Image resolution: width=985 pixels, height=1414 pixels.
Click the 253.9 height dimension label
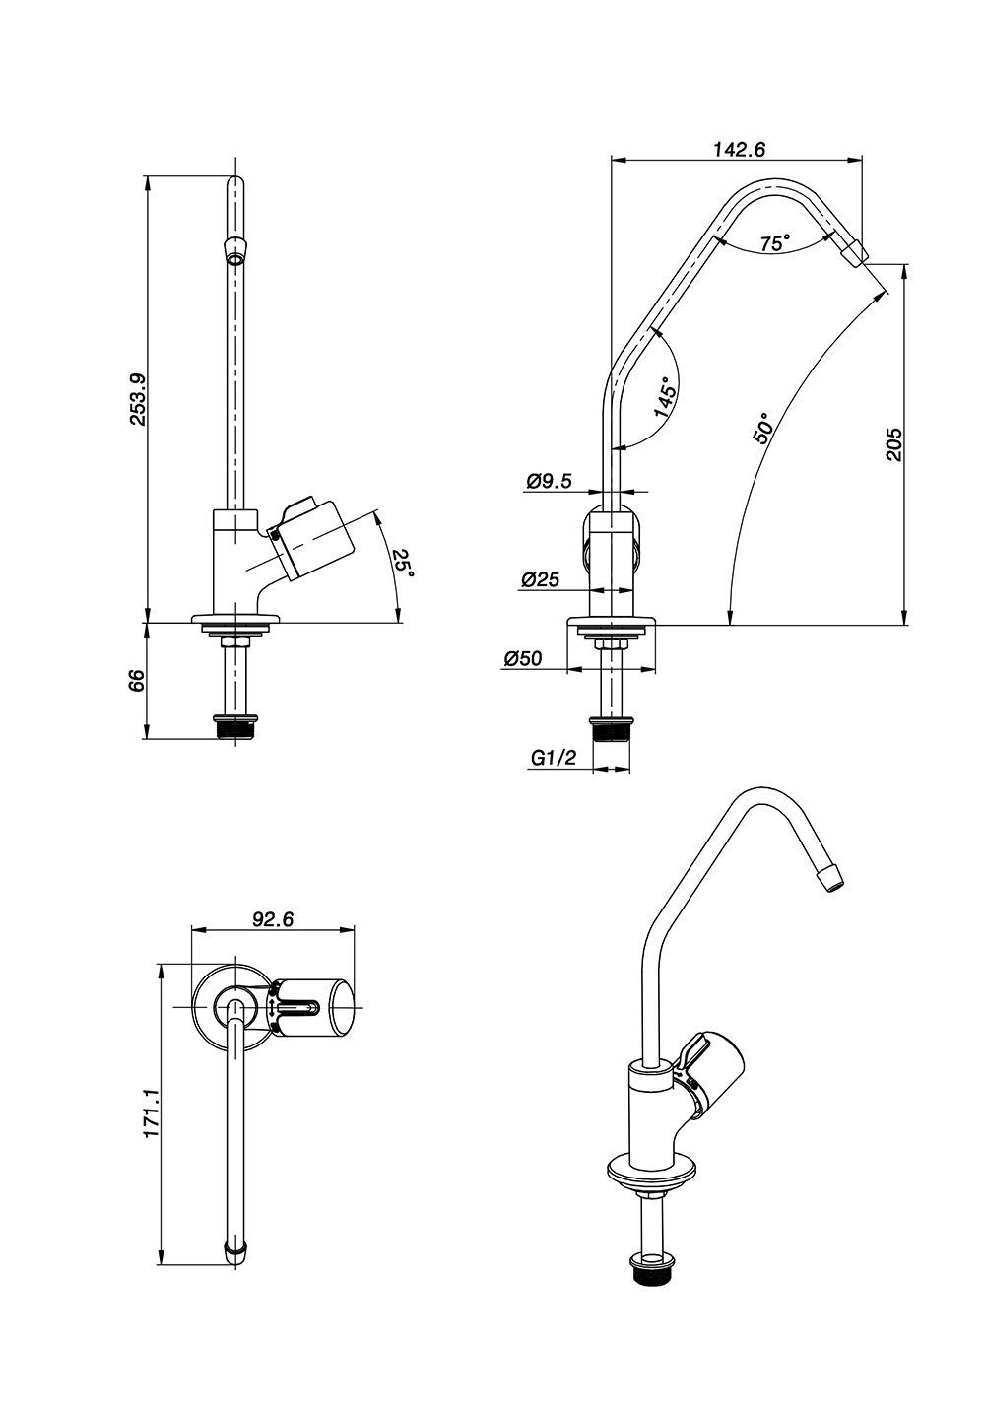(138, 399)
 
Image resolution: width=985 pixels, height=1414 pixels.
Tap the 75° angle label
(775, 242)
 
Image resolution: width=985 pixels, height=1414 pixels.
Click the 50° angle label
(763, 429)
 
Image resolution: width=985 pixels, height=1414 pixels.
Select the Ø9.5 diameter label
(550, 482)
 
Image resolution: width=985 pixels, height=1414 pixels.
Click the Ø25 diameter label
(541, 580)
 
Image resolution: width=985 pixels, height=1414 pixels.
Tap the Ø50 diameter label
(523, 660)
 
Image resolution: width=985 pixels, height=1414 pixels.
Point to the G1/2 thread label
(553, 758)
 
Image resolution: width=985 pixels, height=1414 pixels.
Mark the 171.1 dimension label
(151, 1114)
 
